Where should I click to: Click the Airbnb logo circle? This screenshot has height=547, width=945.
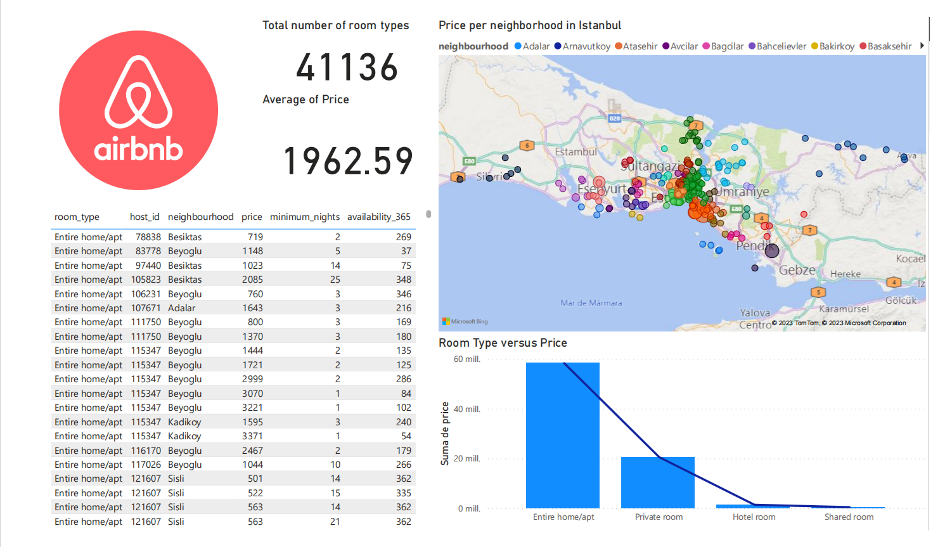(138, 110)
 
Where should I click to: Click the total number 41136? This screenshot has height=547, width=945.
(347, 67)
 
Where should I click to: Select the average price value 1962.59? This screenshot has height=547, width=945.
(348, 161)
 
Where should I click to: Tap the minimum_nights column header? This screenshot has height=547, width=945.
(305, 217)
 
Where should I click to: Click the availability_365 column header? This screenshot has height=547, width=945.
(379, 217)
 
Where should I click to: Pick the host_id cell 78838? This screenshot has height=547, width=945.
(148, 237)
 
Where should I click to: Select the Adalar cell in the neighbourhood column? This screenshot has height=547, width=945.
(182, 308)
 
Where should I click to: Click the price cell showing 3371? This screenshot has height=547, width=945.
(252, 436)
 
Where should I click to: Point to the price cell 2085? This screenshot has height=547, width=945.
(252, 280)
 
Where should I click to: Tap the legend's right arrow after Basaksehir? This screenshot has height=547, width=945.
(922, 46)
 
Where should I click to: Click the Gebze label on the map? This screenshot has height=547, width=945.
(797, 270)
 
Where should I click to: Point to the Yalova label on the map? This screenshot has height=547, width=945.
(755, 312)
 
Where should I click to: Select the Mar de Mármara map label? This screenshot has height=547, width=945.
(591, 303)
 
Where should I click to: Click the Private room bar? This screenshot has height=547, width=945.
(658, 482)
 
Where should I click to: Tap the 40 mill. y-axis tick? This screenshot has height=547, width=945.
(467, 409)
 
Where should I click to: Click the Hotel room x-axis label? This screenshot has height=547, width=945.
(754, 517)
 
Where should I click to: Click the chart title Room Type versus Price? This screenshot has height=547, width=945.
(503, 343)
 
